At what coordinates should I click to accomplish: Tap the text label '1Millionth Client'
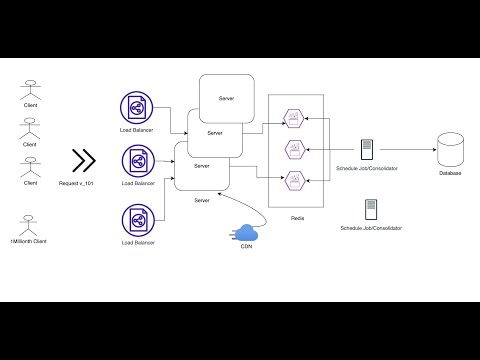click(x=30, y=243)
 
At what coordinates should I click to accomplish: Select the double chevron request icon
click(x=84, y=161)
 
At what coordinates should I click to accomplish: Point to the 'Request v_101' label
click(x=84, y=184)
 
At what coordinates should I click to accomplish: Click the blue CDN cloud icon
click(x=245, y=235)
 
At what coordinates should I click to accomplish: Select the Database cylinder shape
click(x=450, y=149)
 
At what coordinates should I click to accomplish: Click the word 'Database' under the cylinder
click(x=450, y=174)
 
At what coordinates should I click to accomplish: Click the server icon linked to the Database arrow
click(x=368, y=149)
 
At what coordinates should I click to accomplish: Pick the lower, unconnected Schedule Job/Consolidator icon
click(x=371, y=209)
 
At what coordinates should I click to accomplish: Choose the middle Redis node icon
click(x=295, y=149)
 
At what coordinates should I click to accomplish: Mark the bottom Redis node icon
click(x=295, y=180)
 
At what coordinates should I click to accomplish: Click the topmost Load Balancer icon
click(x=135, y=108)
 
